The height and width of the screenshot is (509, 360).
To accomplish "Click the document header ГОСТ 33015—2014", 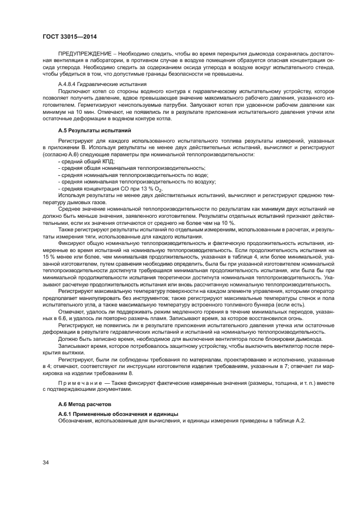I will click(x=66, y=36).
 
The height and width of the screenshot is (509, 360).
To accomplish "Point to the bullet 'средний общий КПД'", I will click(x=83, y=162).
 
